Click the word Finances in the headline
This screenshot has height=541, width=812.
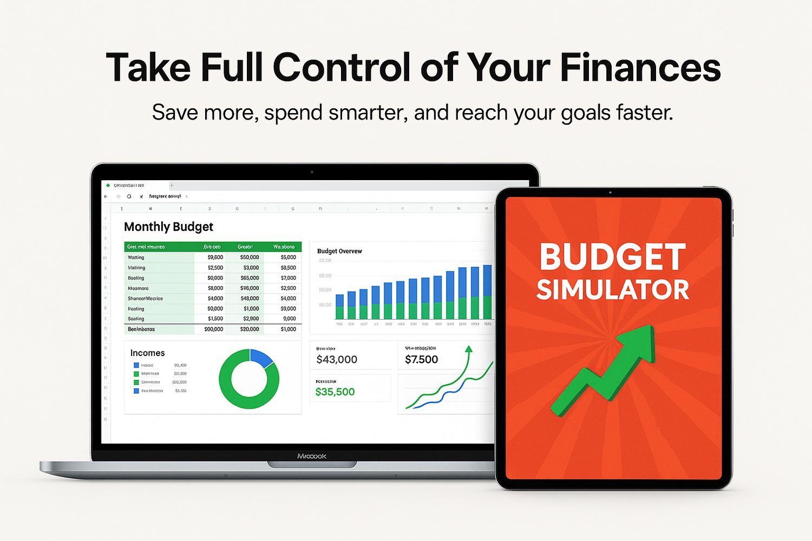click(x=640, y=68)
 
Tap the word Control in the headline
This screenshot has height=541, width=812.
click(x=342, y=68)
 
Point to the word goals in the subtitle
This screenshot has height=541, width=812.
click(x=586, y=113)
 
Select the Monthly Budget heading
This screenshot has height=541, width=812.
click(x=168, y=227)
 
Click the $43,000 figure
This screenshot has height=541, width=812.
click(x=337, y=360)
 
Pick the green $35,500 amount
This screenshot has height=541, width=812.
click(x=335, y=392)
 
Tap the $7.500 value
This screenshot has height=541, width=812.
click(x=421, y=360)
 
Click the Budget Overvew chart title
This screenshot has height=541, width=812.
click(x=339, y=251)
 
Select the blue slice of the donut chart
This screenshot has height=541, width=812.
click(x=261, y=358)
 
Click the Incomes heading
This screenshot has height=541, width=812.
click(x=147, y=353)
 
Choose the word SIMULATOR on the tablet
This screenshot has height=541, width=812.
click(x=613, y=290)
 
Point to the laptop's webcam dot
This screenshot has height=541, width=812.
click(x=312, y=172)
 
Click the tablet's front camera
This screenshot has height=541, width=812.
click(x=610, y=192)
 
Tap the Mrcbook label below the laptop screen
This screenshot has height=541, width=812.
click(x=312, y=457)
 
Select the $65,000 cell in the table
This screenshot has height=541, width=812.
click(x=250, y=278)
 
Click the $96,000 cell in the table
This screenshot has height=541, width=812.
click(x=250, y=288)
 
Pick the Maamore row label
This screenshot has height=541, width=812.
click(x=138, y=288)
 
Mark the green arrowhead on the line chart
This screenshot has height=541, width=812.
click(x=469, y=349)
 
